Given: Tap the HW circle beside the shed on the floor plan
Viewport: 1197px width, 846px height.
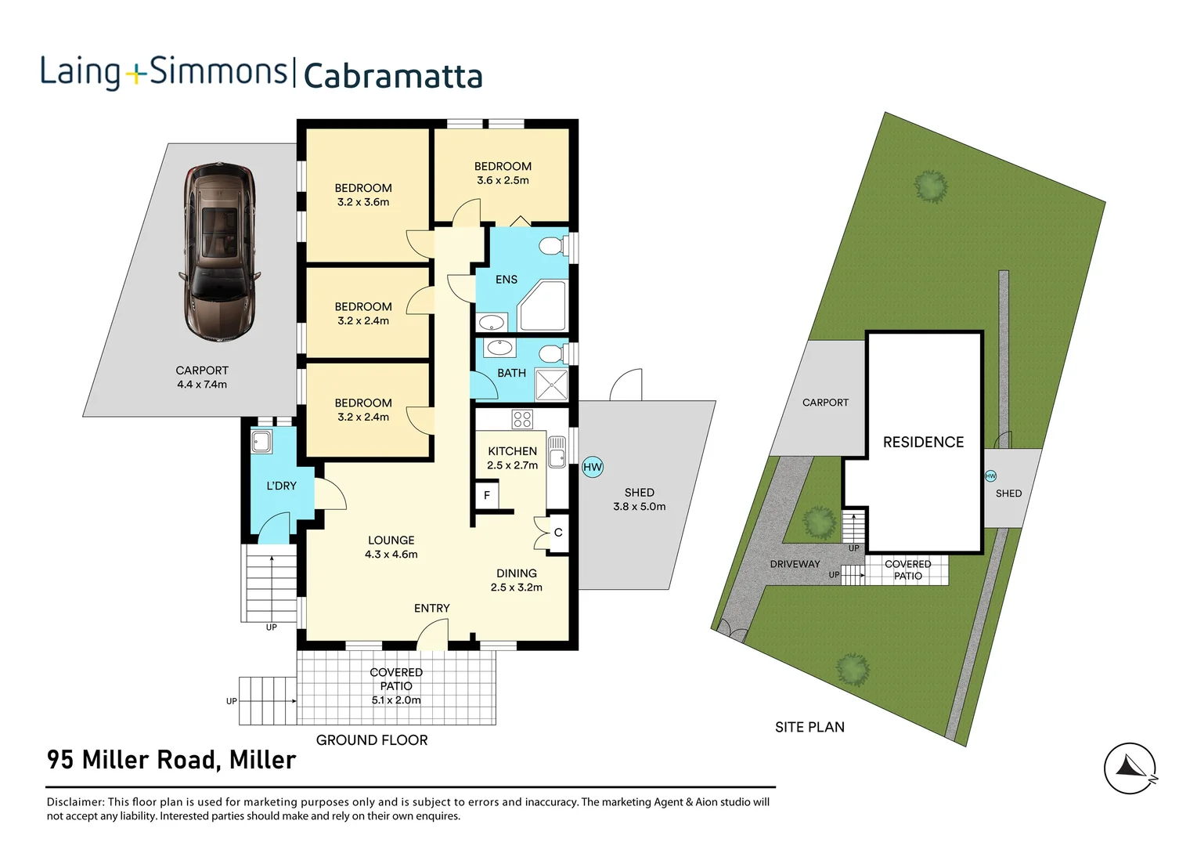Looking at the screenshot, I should [x=593, y=468].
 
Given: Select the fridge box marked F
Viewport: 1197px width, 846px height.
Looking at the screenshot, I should [x=487, y=495].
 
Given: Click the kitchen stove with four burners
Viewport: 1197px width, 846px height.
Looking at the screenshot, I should [x=522, y=419].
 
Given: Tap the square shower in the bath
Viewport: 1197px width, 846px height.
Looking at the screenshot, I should [x=551, y=385].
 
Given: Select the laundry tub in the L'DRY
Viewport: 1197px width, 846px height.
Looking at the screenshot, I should [x=261, y=442].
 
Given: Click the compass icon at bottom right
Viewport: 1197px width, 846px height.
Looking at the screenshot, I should [x=1130, y=768].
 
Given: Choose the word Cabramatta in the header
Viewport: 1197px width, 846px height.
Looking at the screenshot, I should [x=392, y=76].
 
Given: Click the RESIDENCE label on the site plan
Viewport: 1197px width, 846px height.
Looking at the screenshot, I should [x=923, y=443].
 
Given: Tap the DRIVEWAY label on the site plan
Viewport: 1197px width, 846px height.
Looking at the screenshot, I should [x=795, y=564].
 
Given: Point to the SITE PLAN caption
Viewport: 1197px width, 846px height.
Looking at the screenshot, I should [x=809, y=727].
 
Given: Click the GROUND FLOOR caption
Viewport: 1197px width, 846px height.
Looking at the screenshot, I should [x=372, y=740].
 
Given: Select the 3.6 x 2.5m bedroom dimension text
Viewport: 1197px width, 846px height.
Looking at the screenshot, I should [x=503, y=180].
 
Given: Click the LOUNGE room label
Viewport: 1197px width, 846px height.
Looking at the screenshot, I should [x=391, y=540].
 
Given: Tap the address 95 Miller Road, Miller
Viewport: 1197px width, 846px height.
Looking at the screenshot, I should [x=171, y=760].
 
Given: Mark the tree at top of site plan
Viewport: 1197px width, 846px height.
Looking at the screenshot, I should [x=930, y=186].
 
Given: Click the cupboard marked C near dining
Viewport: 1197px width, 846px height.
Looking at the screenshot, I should [x=558, y=533].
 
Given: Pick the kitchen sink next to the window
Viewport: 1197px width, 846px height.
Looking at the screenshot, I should [x=557, y=452].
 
